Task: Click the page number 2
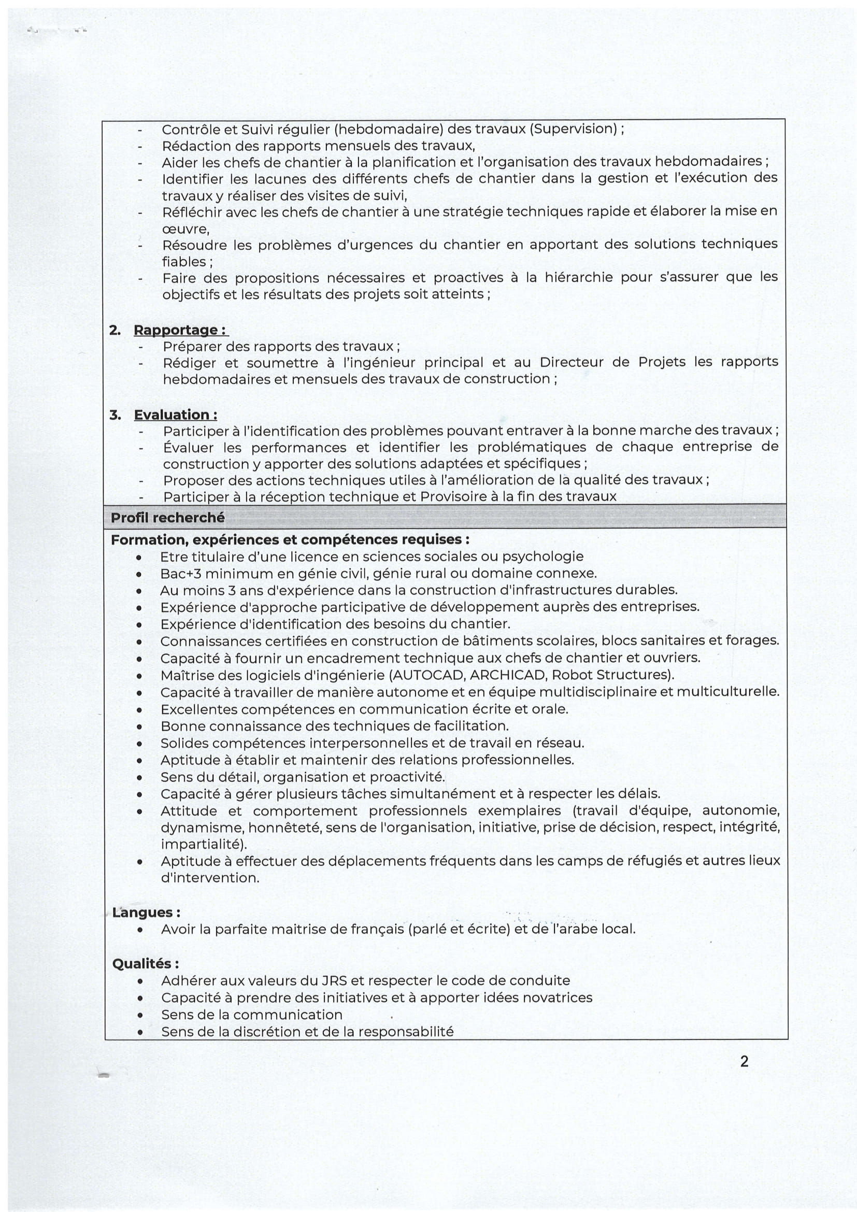point(744,1061)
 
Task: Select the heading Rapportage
point(180,330)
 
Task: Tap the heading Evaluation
point(175,415)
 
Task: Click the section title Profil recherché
point(168,518)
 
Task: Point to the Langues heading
point(146,912)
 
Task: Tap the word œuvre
point(185,229)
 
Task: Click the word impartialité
point(202,844)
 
